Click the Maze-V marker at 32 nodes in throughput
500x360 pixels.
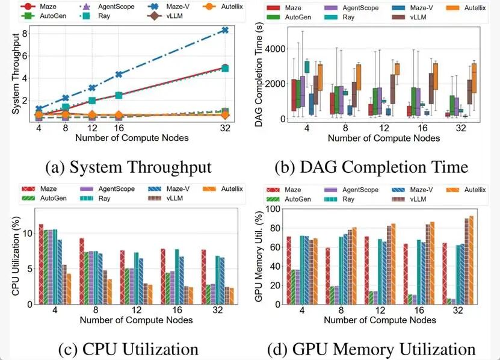pyautogui.click(x=224, y=30)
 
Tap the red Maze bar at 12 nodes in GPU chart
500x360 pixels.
pyautogui.click(x=366, y=270)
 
